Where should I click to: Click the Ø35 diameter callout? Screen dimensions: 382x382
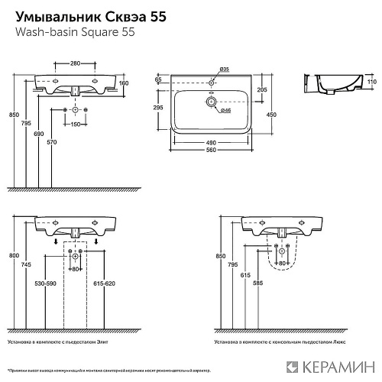click(225, 70)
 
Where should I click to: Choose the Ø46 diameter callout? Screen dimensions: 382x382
click(226, 112)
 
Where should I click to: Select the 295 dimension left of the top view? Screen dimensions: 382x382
click(157, 108)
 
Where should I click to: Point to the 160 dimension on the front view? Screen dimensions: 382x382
click(125, 83)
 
